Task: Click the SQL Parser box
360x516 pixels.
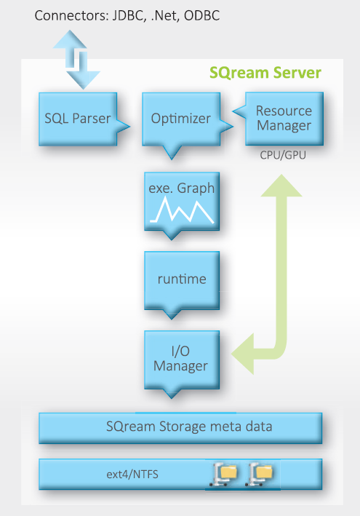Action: click(x=78, y=119)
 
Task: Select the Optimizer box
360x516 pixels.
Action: click(x=181, y=119)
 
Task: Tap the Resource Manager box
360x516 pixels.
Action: click(x=284, y=119)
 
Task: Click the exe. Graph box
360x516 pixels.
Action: click(x=182, y=202)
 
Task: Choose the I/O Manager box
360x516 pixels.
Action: click(x=182, y=360)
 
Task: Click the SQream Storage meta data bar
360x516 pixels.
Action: click(x=180, y=428)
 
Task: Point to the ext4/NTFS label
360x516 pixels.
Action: click(x=132, y=475)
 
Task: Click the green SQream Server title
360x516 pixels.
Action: click(x=265, y=73)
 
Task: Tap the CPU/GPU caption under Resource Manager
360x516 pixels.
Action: click(x=283, y=155)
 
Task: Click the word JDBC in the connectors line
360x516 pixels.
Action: click(x=129, y=16)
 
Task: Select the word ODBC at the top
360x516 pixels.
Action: click(x=201, y=15)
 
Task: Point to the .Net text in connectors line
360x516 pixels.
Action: click(x=165, y=16)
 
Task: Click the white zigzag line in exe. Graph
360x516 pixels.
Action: click(x=182, y=210)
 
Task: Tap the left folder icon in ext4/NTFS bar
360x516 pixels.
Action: click(x=223, y=475)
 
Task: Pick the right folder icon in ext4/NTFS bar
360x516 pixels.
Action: click(x=259, y=475)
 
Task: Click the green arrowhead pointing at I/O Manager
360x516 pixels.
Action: click(x=243, y=354)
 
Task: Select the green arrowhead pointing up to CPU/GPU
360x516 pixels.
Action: click(x=281, y=186)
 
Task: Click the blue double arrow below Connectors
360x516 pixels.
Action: click(x=76, y=60)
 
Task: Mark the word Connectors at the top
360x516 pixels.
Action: click(x=72, y=15)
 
